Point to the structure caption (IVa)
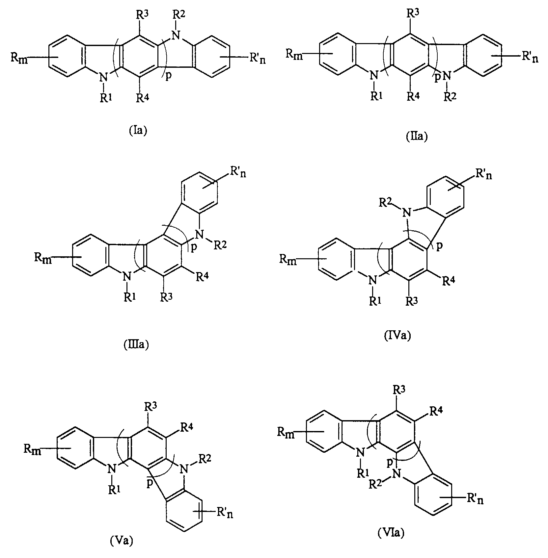click(398, 336)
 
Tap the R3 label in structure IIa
click(412, 14)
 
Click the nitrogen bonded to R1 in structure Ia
click(104, 78)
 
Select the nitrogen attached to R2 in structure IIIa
click(199, 234)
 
